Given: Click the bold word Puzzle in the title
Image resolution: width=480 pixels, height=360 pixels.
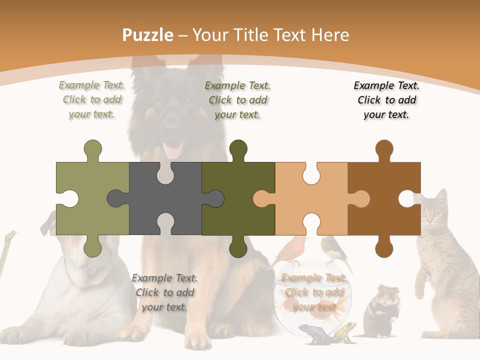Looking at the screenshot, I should [148, 35].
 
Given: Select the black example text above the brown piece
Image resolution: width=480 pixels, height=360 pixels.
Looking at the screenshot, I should [386, 100].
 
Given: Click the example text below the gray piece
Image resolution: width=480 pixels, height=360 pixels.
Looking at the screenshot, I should [164, 292].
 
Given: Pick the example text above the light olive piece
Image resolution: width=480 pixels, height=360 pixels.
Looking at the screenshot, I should [91, 100].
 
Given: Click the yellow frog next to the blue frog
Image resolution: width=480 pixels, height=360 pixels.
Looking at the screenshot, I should [345, 331].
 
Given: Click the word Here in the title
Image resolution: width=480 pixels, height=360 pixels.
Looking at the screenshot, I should [330, 35].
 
